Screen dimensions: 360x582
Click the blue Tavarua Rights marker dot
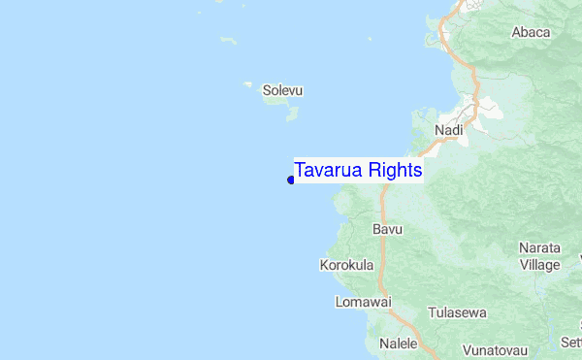pos(290,180)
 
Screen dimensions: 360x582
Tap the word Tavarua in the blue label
pos(330,170)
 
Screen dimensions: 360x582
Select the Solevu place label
pos(282,91)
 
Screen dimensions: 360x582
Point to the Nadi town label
pos(449,130)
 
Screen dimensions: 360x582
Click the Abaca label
pos(531,32)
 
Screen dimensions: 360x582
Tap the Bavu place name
pos(387,230)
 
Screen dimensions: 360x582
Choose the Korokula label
pos(346,264)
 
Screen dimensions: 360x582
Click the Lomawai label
pos(363,302)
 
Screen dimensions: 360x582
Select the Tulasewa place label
pos(457,313)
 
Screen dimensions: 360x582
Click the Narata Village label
pos(539,256)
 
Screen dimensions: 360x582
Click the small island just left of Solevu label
pos(248,84)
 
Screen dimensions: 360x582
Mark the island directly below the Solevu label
pos(291,113)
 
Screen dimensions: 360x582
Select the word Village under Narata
pos(539,264)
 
